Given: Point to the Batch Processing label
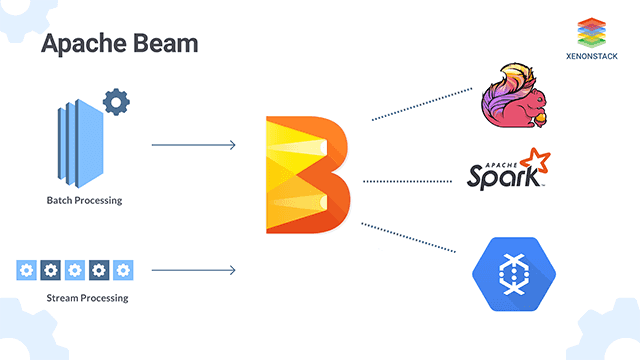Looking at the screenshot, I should (x=84, y=200).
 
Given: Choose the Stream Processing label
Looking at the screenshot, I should (x=87, y=298).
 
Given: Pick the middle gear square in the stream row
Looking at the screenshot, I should (x=75, y=270).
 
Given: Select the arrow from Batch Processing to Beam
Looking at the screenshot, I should (x=192, y=146).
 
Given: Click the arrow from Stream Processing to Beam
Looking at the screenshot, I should (x=192, y=270).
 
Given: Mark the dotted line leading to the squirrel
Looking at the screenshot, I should (x=421, y=104).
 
